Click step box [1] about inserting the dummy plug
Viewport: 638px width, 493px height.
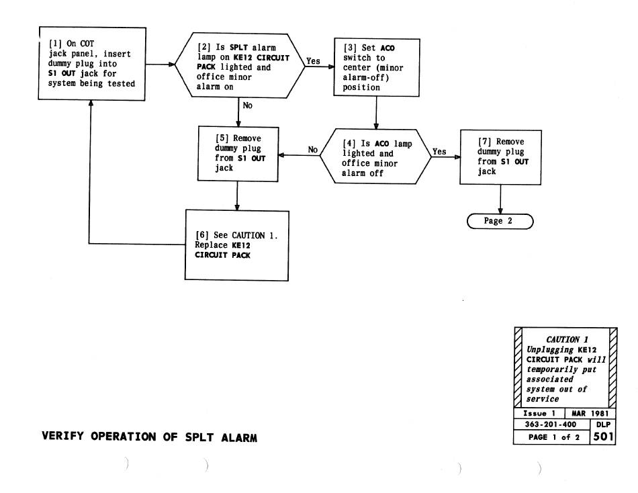click(x=93, y=64)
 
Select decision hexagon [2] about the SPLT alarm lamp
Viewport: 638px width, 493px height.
click(x=238, y=64)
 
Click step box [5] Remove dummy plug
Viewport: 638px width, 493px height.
click(x=237, y=154)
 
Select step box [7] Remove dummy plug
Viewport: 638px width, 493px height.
click(x=500, y=156)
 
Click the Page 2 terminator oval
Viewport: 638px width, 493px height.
click(x=500, y=221)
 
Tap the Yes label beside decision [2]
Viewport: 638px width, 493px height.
click(x=314, y=60)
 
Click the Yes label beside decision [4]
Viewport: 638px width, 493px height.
click(x=439, y=152)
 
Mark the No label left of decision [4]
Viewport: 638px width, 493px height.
click(x=313, y=150)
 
